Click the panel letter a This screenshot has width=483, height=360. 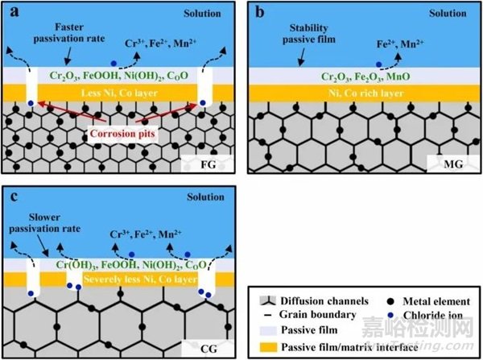pos(14,12)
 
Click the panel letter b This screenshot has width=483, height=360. pos(260,12)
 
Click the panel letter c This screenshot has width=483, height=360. pos(14,197)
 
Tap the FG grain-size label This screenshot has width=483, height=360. pos(208,164)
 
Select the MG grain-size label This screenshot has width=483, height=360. pos(453,164)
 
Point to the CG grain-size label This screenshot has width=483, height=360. pos(208,349)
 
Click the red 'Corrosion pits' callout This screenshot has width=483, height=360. pos(122,134)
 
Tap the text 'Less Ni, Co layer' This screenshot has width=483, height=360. pos(119,93)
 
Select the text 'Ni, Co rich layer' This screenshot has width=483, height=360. pos(365,93)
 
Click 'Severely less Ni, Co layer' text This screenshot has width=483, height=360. pos(140,279)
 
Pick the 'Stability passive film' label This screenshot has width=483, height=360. pos(308,34)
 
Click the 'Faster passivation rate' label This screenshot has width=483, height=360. pos(69,33)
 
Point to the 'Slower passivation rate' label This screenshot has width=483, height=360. pos(44,223)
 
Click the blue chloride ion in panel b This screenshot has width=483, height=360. pos(379,64)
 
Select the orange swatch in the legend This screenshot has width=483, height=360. pos(269,347)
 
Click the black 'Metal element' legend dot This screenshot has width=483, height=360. pos(390,301)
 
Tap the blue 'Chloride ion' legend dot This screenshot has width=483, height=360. pos(390,316)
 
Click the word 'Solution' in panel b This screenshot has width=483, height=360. pos(448,13)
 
